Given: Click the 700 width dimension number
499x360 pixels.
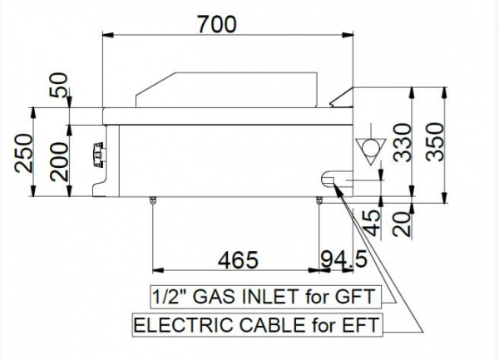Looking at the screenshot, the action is pos(217,24).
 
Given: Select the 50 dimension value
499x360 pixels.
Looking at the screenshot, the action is pos(59,85).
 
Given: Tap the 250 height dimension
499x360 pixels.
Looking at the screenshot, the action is pos(24,153).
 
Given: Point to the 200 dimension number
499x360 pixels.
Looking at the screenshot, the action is pos(60,162).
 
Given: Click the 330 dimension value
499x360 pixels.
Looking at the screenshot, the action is pos(403,143).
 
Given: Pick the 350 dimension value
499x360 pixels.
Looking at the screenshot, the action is pos(434,142).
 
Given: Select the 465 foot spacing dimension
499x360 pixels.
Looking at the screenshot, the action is pos(238,259).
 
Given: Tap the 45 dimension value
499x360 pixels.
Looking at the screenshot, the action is pos(372,224).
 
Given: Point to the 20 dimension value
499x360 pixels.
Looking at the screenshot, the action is pos(401,224).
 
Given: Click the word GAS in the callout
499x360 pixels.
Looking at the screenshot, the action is pos(215,297).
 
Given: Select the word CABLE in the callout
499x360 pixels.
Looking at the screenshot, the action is pos(273,325).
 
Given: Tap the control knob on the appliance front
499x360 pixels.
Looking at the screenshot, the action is pos(97,155).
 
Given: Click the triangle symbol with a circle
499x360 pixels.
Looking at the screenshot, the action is pos(371,151).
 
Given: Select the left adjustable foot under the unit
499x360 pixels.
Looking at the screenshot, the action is pos(153,200).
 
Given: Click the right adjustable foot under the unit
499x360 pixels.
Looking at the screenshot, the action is pos(319,200).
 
